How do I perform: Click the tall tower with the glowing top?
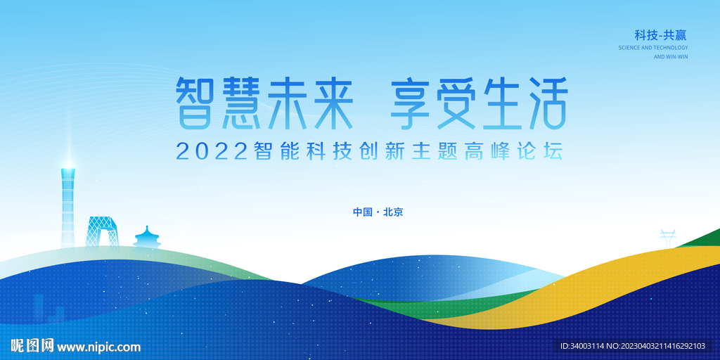click(68, 207)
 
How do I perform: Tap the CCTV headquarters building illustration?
click(102, 233)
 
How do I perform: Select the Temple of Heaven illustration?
click(147, 238)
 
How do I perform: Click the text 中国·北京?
click(378, 212)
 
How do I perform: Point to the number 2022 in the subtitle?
click(212, 152)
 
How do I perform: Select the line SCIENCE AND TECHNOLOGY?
click(653, 48)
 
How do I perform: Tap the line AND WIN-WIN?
click(671, 57)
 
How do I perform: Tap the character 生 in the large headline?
click(501, 103)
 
